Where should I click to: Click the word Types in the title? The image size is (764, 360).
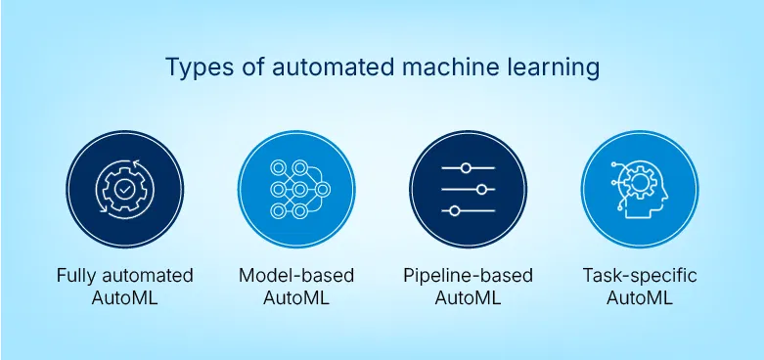pos(192,68)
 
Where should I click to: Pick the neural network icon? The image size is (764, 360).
pos(296,188)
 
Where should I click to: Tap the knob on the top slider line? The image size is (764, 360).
pos(466,166)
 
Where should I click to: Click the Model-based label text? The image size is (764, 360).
pos(295,276)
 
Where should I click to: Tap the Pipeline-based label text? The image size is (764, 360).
pos(468,276)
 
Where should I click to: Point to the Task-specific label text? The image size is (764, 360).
pos(639,276)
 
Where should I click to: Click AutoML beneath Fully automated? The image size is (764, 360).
pos(124,298)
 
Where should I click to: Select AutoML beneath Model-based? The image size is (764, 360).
pos(295,298)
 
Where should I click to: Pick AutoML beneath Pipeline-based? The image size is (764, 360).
pos(468,298)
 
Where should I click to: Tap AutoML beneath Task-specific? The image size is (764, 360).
pos(639,298)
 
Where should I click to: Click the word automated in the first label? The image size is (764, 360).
pos(149,276)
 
